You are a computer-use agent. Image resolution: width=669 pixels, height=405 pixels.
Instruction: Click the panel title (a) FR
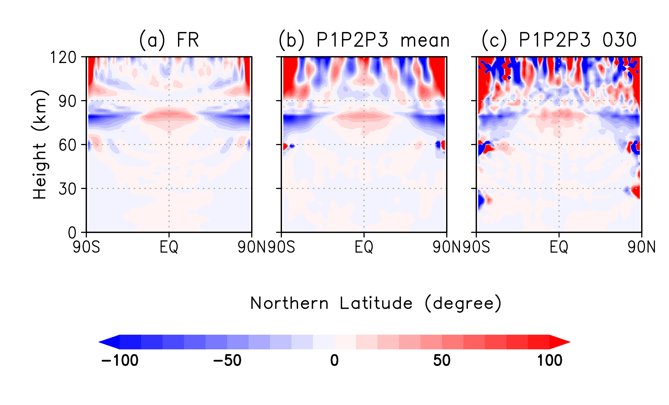pos(169,40)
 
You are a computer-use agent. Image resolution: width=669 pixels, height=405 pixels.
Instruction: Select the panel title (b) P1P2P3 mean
pos(364,40)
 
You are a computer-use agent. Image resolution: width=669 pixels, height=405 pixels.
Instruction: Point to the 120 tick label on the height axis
pos(63,58)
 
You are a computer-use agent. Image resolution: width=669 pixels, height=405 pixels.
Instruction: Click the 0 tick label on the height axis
pos(72,233)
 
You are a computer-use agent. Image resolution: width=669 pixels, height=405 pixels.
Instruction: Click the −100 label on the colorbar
pos(120,360)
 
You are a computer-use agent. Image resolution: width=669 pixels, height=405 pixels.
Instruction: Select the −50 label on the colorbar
pos(227,360)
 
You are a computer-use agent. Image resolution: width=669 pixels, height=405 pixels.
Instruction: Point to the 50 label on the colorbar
pos(442,360)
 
